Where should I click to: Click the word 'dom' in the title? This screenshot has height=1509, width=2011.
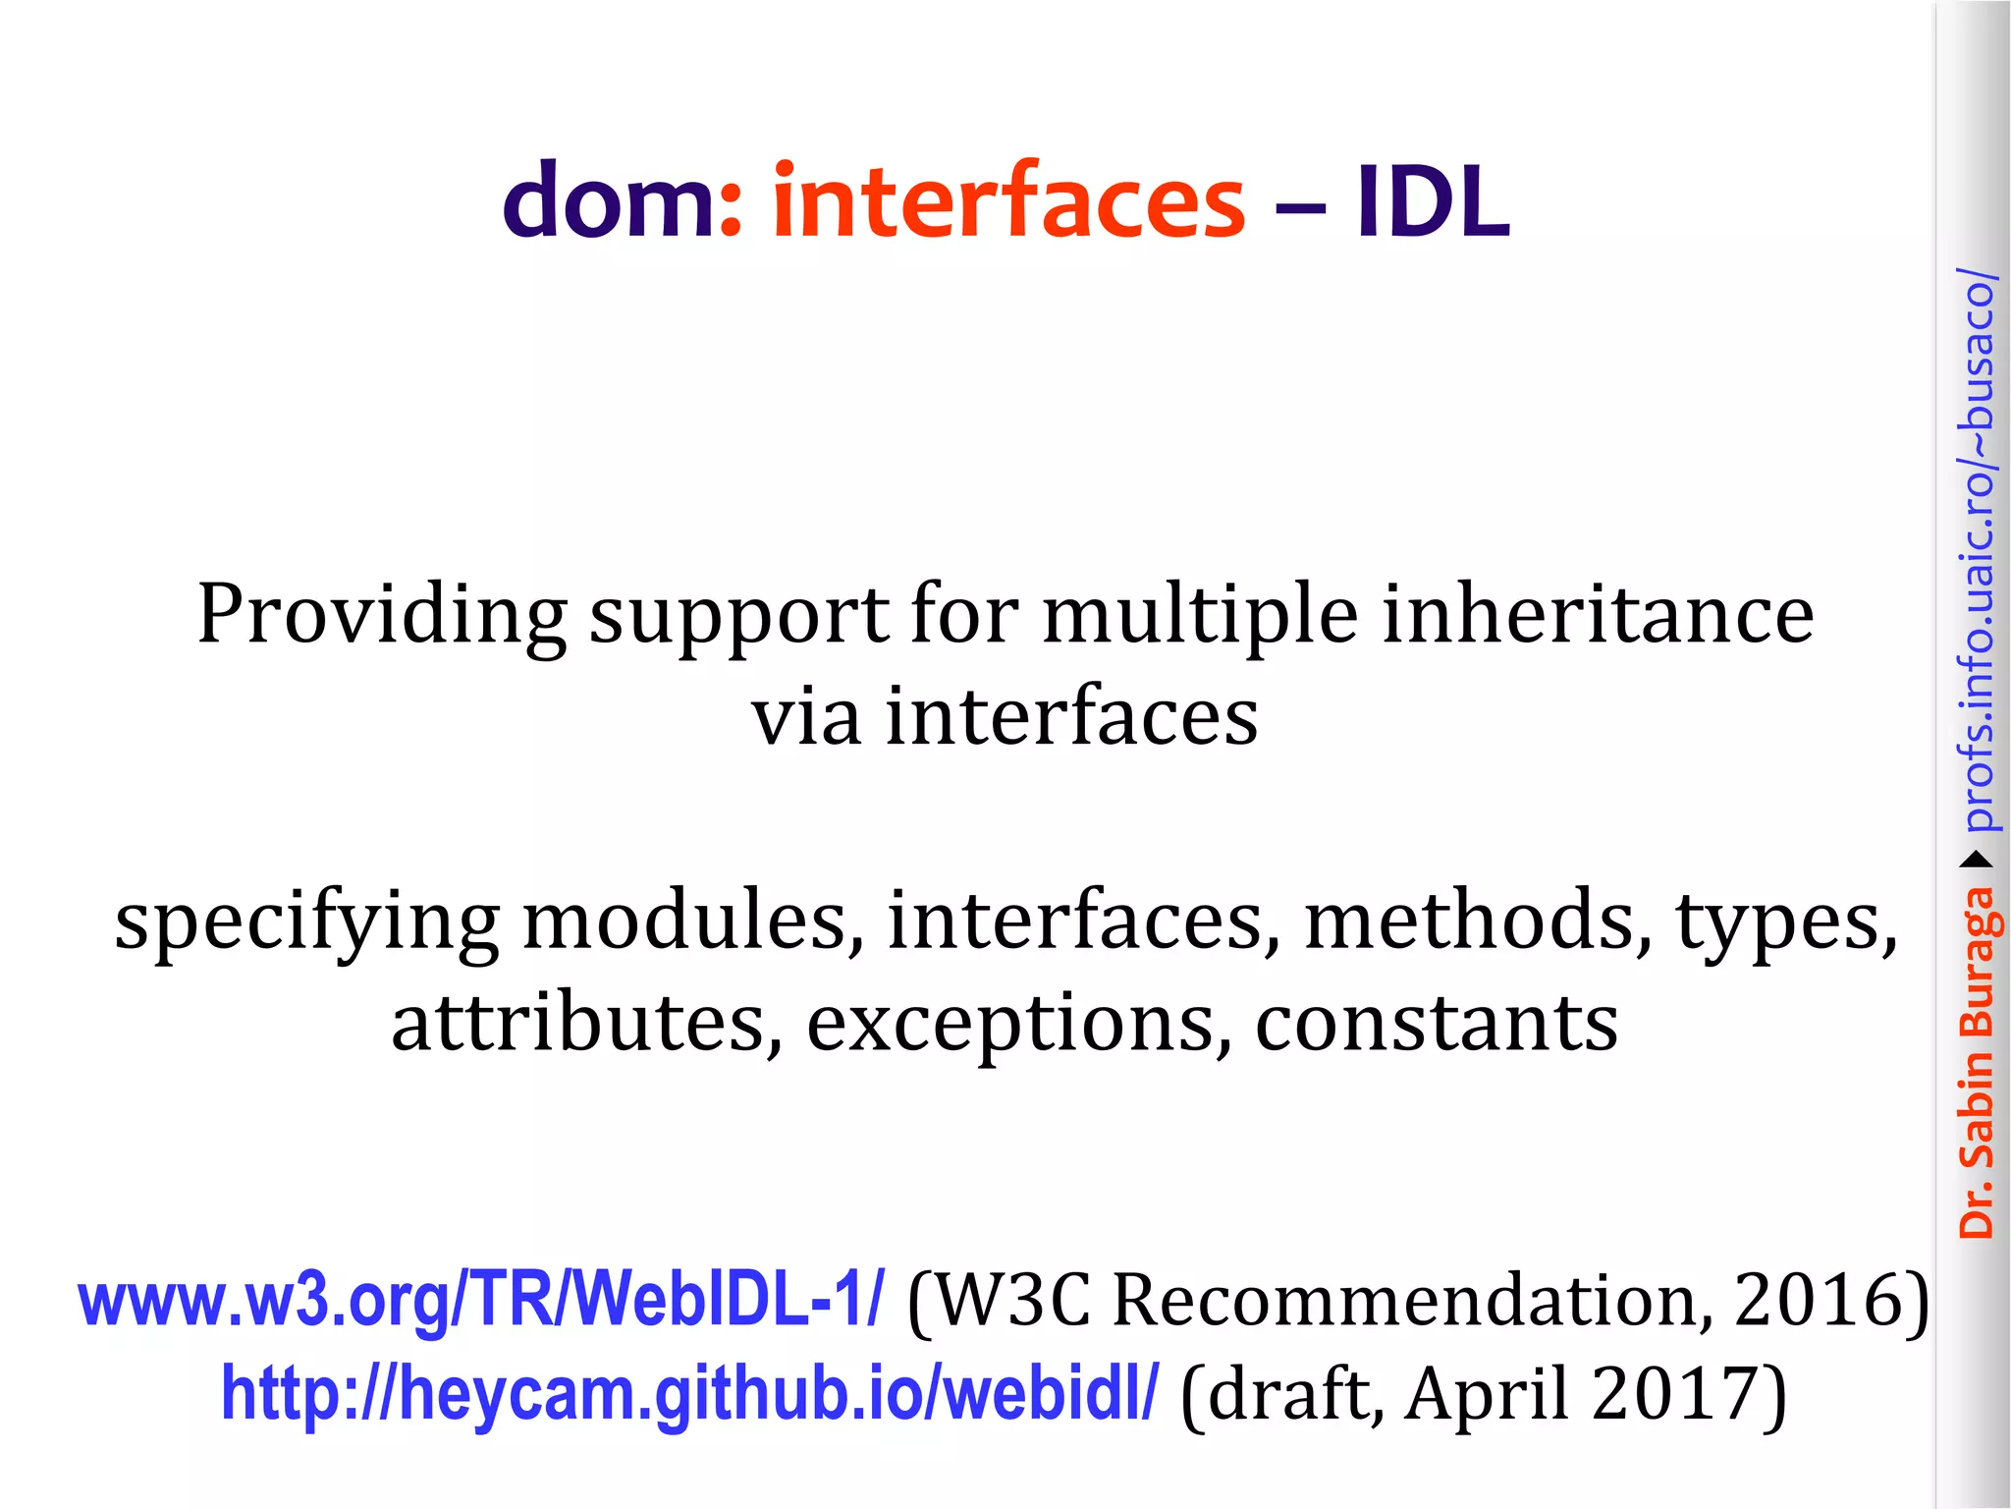point(609,201)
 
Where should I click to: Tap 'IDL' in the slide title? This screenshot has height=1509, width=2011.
point(1433,201)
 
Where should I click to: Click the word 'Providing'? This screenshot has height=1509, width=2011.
point(382,616)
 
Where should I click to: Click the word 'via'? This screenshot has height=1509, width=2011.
point(806,716)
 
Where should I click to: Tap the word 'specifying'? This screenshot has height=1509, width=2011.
point(307,923)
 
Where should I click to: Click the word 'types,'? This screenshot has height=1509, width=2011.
point(1786,923)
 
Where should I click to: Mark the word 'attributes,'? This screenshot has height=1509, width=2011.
point(587,1023)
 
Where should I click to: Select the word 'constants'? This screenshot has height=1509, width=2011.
point(1437,1023)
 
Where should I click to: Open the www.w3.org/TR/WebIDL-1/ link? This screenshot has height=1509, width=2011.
point(481,1299)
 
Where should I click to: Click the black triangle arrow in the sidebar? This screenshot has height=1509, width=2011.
point(1978,861)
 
